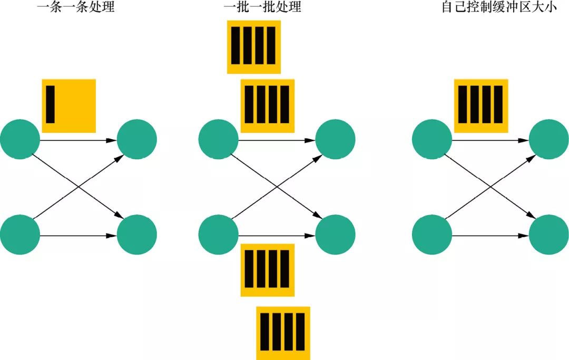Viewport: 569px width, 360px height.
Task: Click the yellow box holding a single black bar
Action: coord(68,105)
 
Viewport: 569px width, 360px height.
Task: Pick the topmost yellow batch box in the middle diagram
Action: coord(253,47)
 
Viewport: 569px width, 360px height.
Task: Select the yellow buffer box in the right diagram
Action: coord(482,105)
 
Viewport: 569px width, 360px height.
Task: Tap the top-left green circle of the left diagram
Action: coord(20,140)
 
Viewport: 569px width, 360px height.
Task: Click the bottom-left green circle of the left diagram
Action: coord(20,233)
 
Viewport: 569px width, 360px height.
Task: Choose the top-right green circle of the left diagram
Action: coord(136,140)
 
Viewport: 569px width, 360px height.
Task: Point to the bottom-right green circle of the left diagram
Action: coord(136,233)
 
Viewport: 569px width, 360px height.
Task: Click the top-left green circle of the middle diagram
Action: coord(219,140)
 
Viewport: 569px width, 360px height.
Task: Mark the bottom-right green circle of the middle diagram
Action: coord(335,233)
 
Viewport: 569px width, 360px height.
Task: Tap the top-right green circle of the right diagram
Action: coord(548,140)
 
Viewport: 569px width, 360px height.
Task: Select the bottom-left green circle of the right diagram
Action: coord(431,233)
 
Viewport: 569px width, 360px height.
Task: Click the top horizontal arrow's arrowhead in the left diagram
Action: coord(111,141)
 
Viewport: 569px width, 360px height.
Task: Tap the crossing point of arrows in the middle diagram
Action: coord(277,187)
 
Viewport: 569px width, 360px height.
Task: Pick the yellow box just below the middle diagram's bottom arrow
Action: coord(268,270)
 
